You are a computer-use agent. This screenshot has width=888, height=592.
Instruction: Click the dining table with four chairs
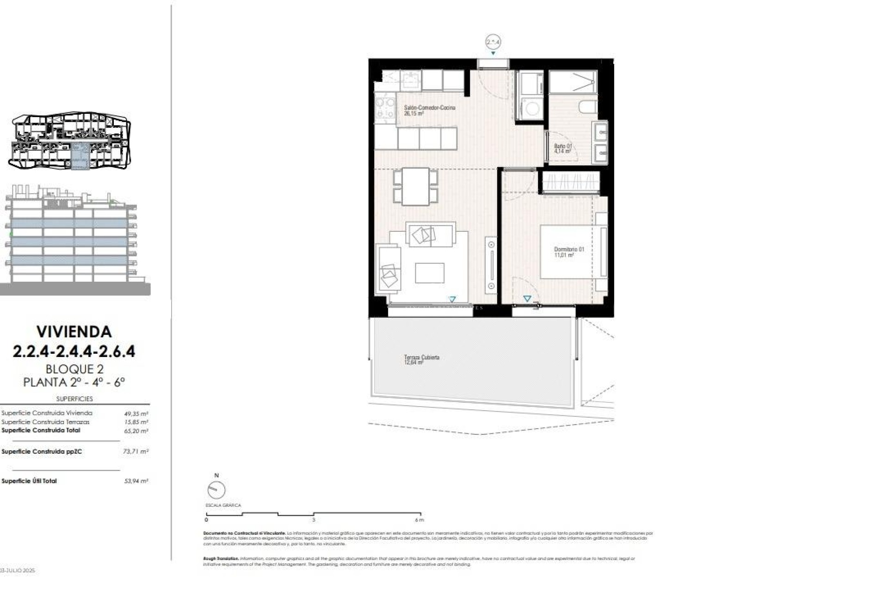click(x=415, y=186)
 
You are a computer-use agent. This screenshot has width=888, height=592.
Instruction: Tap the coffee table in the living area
click(x=429, y=273)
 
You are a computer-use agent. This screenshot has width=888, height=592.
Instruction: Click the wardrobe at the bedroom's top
click(x=571, y=182)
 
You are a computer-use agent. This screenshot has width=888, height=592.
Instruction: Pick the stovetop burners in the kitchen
click(x=385, y=108)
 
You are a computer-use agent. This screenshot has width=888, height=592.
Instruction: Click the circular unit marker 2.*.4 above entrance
click(x=493, y=42)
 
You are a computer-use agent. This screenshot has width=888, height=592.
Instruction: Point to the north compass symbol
click(x=216, y=490)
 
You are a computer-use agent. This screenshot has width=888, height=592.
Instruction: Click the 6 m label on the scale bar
click(x=419, y=520)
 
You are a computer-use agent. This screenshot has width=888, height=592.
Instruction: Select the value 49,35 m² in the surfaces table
click(x=136, y=414)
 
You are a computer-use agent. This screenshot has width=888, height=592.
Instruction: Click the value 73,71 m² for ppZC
click(x=136, y=451)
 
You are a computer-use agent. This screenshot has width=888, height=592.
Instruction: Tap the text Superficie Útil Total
click(x=29, y=481)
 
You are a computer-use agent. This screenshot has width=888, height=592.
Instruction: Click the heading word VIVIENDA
click(x=74, y=332)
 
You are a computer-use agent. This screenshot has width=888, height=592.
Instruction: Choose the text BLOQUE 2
click(x=74, y=369)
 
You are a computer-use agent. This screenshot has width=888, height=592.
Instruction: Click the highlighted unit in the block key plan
click(x=80, y=156)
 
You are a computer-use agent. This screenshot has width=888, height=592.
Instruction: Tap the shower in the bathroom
click(x=573, y=83)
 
